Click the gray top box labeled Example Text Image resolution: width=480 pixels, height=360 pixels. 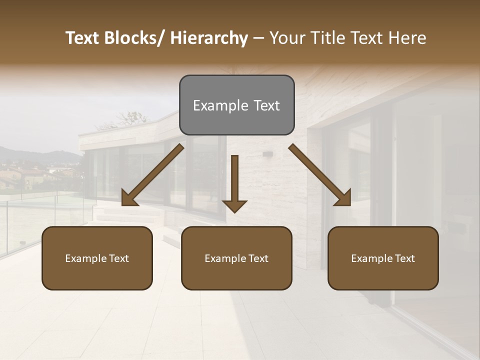pyautogui.click(x=236, y=105)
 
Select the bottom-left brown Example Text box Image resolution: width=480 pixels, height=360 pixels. pyautogui.click(x=97, y=258)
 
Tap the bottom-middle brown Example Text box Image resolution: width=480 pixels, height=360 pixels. pyautogui.click(x=236, y=258)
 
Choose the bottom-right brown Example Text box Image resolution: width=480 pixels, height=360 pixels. pyautogui.click(x=383, y=258)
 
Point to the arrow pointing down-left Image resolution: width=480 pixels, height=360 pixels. pyautogui.click(x=152, y=175)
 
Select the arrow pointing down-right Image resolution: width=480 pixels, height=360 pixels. pyautogui.click(x=320, y=175)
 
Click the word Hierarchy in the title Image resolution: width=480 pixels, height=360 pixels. pyautogui.click(x=209, y=38)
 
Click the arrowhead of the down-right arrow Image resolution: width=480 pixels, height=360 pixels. pyautogui.click(x=343, y=198)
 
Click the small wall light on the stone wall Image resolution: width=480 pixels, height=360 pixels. pyautogui.click(x=267, y=154)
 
